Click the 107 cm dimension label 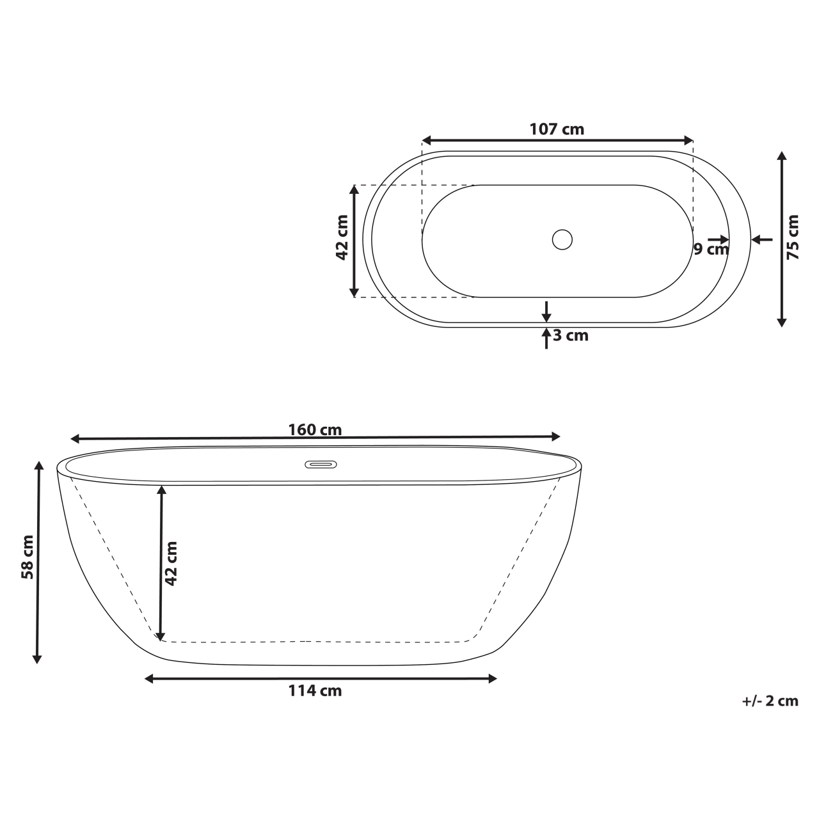tap(557, 129)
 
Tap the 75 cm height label tap(793, 237)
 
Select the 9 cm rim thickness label tap(711, 249)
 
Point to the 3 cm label tap(571, 335)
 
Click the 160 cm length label tap(315, 429)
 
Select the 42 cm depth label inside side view tap(171, 563)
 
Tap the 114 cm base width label tap(315, 691)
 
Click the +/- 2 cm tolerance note tap(770, 701)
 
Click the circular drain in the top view tap(562, 239)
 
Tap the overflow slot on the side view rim tap(320, 464)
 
